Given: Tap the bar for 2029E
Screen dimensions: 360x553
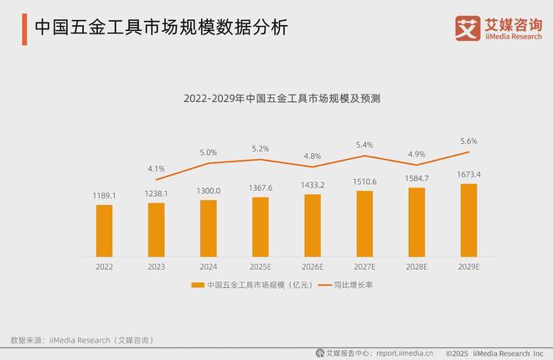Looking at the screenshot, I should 468,219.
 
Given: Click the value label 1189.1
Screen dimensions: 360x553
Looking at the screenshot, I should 104,196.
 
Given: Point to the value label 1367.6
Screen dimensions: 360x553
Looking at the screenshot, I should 261,188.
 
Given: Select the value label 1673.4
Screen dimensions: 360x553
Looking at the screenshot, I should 468,174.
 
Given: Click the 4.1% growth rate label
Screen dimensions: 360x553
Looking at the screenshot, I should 156,168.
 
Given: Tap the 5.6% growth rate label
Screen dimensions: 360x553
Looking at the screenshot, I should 468,141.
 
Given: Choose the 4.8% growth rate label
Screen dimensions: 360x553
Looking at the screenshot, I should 313,156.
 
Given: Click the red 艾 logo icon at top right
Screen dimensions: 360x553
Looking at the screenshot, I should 467,28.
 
